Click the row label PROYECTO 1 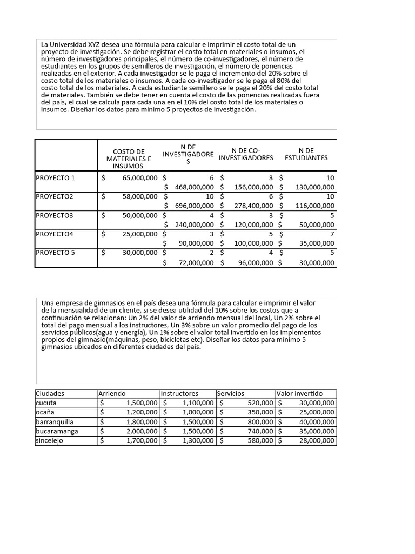click(x=56, y=178)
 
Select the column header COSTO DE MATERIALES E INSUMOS click(x=128, y=159)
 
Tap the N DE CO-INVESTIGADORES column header click(x=246, y=154)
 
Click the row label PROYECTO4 click(x=54, y=234)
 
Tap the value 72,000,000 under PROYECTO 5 click(x=196, y=263)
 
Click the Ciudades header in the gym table click(x=50, y=394)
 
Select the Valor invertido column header click(x=299, y=394)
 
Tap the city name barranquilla click(x=55, y=422)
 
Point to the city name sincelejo click(x=51, y=441)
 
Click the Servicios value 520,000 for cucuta click(x=260, y=403)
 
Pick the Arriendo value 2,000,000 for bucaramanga click(x=142, y=432)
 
